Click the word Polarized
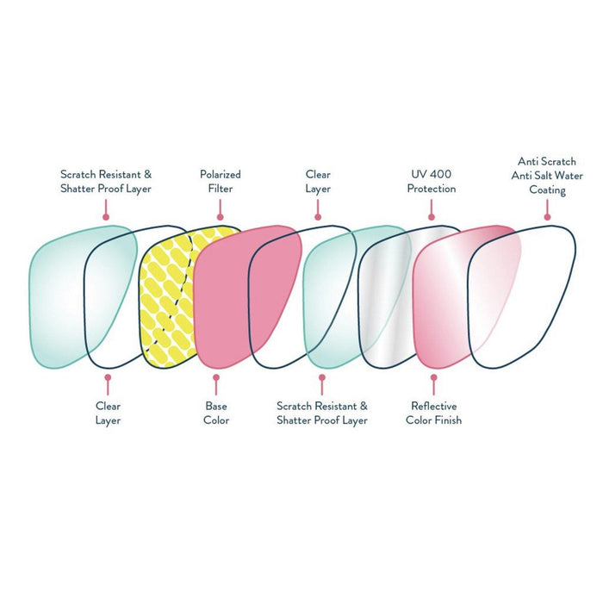221,174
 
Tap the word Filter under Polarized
221,189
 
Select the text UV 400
432,174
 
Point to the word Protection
432,189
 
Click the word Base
216,406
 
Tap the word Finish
447,420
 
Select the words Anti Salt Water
550,176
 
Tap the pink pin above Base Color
216,376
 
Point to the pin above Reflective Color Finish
433,376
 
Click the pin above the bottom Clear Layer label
108,376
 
